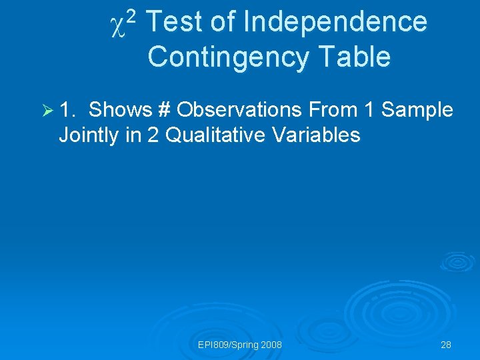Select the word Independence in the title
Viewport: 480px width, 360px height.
pos(335,22)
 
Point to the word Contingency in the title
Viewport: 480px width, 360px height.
pos(227,57)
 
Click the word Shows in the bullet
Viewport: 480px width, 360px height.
pos(120,109)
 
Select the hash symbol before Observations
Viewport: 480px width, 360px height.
pos(165,109)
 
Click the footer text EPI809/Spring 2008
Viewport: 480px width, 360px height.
pos(240,345)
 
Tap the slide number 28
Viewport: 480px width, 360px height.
pos(446,345)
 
